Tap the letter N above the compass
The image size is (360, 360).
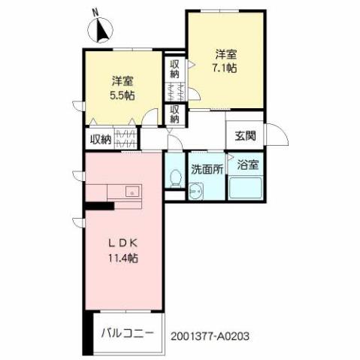click(x=94, y=13)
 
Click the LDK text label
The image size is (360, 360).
click(x=123, y=244)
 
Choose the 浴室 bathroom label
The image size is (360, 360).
click(x=246, y=164)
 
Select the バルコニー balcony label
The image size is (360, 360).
click(x=130, y=331)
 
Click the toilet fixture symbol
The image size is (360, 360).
click(x=175, y=177)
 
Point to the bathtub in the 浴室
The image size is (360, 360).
click(x=245, y=188)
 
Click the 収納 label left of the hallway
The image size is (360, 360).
click(x=101, y=138)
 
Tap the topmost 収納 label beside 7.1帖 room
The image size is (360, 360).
click(x=174, y=69)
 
